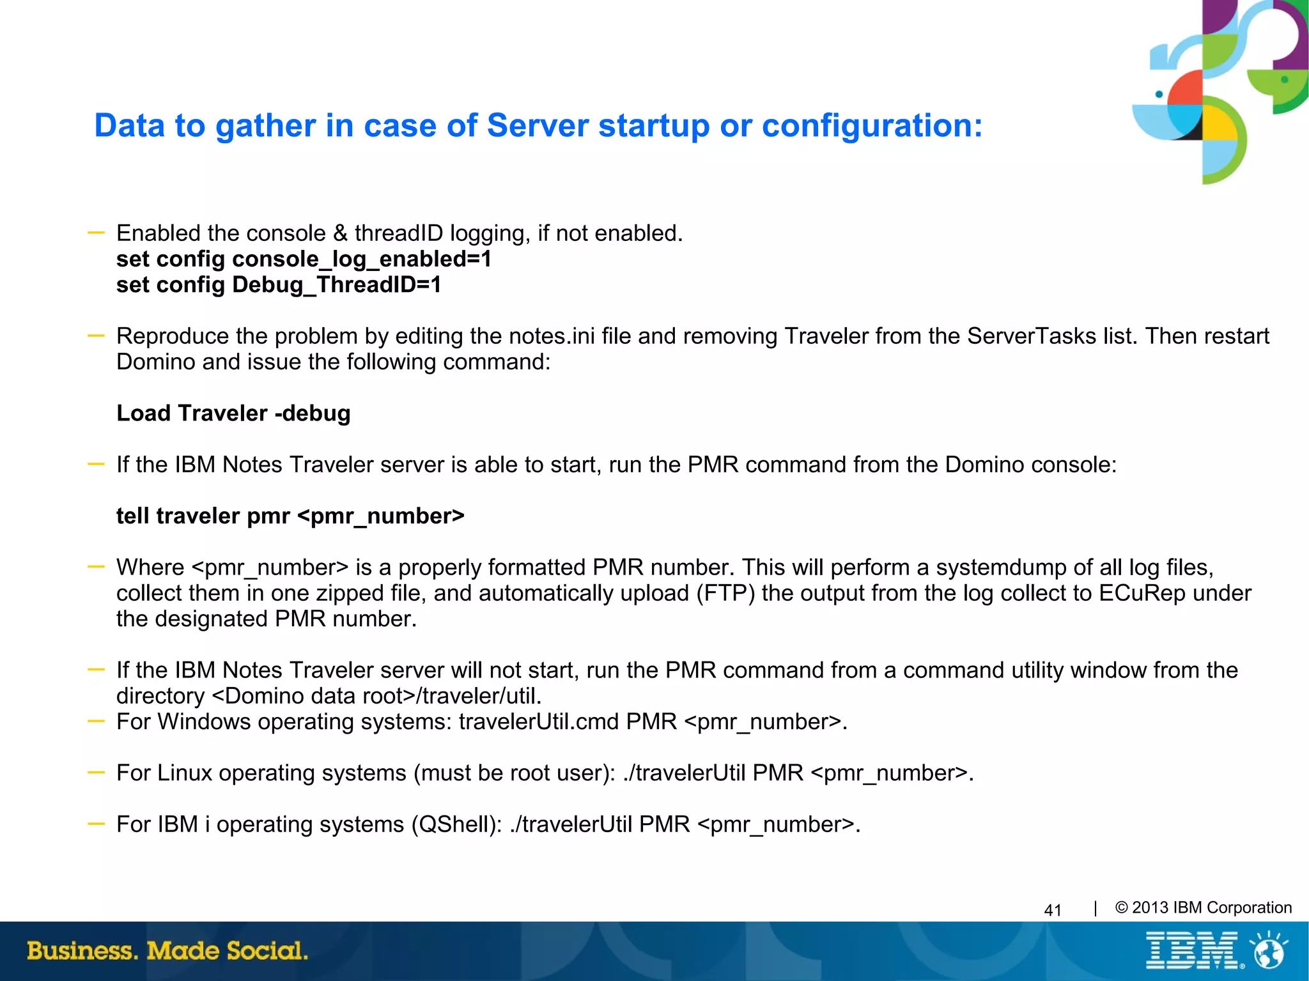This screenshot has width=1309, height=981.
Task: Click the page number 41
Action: [x=1052, y=910]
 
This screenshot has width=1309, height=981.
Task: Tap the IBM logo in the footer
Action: [x=1192, y=951]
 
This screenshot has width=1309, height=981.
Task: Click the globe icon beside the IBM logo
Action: [x=1269, y=951]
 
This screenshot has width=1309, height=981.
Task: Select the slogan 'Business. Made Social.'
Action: [x=167, y=950]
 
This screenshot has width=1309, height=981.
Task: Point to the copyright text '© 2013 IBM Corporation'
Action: [x=1203, y=908]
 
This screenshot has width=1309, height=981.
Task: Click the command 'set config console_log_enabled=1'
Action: [x=304, y=259]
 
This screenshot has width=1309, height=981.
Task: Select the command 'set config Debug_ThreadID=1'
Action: [x=279, y=285]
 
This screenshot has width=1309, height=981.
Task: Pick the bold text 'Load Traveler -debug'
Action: [x=233, y=413]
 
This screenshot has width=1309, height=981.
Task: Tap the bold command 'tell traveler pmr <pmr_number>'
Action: [x=290, y=516]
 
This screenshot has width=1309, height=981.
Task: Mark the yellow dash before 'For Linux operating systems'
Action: [x=96, y=772]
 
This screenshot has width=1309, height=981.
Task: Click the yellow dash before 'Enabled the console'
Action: [x=96, y=233]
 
